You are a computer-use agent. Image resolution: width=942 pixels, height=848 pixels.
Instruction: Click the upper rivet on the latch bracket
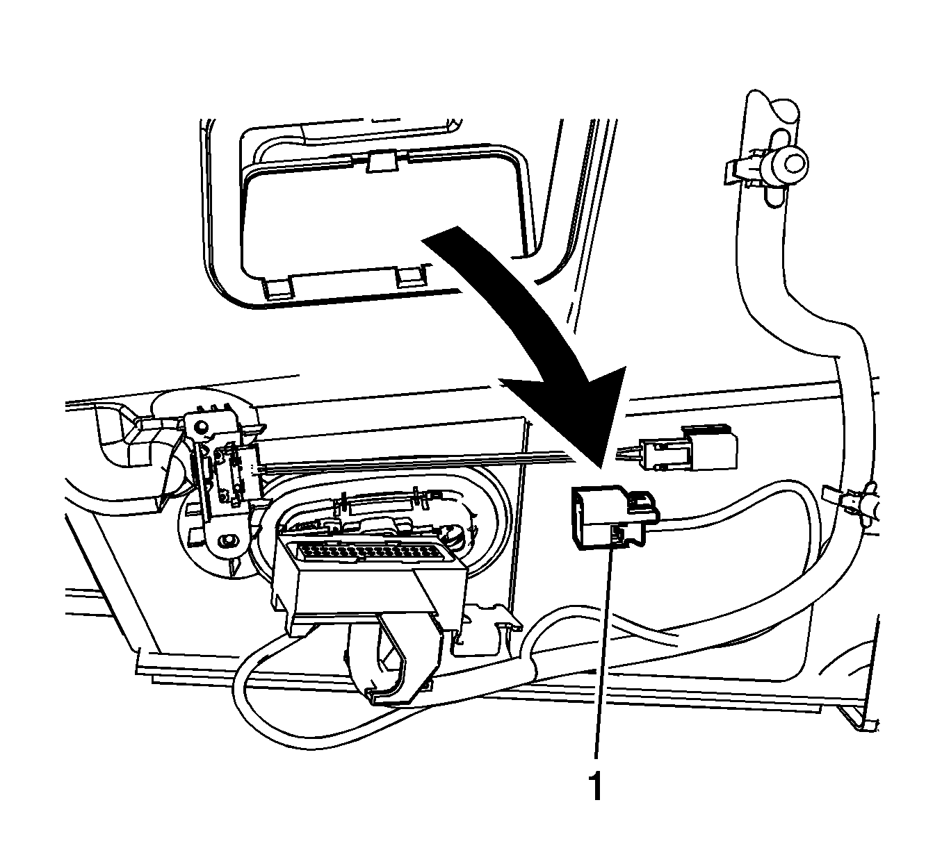pos(201,426)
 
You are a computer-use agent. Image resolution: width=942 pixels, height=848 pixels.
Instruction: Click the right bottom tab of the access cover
pos(409,278)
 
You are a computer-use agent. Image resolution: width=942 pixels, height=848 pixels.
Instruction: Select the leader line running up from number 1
pos(603,658)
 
